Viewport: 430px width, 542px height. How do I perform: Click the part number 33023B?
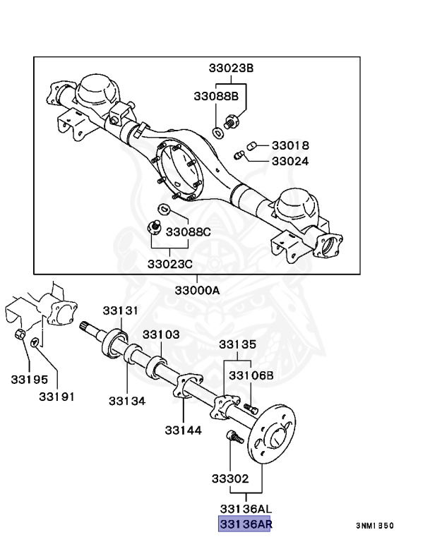coord(230,68)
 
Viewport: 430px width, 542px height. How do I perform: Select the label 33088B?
coord(216,95)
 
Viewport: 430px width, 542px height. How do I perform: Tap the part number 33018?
coord(290,145)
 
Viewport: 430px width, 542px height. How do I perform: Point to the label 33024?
coord(290,161)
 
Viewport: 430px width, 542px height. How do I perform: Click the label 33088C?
coord(189,231)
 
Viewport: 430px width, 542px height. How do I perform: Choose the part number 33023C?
coord(170,264)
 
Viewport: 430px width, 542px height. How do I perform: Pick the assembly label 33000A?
coord(198,290)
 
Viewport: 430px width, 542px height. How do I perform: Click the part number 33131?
coord(120,310)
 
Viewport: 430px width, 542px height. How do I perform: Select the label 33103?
coord(162,334)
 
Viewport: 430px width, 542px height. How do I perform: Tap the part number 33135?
coord(237,344)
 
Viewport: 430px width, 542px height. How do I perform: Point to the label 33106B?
coord(250,375)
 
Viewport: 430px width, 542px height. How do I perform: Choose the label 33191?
coord(56,396)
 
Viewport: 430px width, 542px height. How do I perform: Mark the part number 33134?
coord(127,400)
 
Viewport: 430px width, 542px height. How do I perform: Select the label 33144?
coord(184,429)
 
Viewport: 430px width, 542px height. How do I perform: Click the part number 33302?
coord(229,478)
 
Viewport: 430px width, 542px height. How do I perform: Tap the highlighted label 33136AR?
coord(245,524)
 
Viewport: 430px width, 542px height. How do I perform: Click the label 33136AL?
coord(245,508)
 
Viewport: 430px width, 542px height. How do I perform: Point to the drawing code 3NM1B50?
coord(374,526)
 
